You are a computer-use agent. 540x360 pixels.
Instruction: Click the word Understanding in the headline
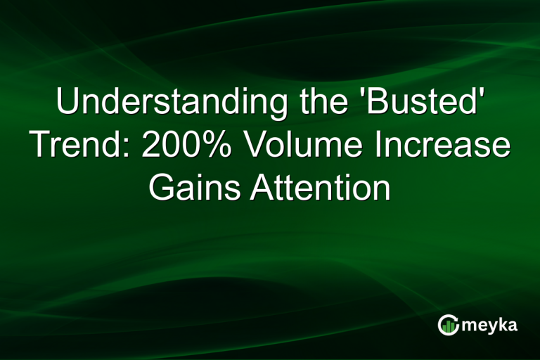[x=168, y=103]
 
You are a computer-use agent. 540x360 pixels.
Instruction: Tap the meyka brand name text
[x=490, y=325]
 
